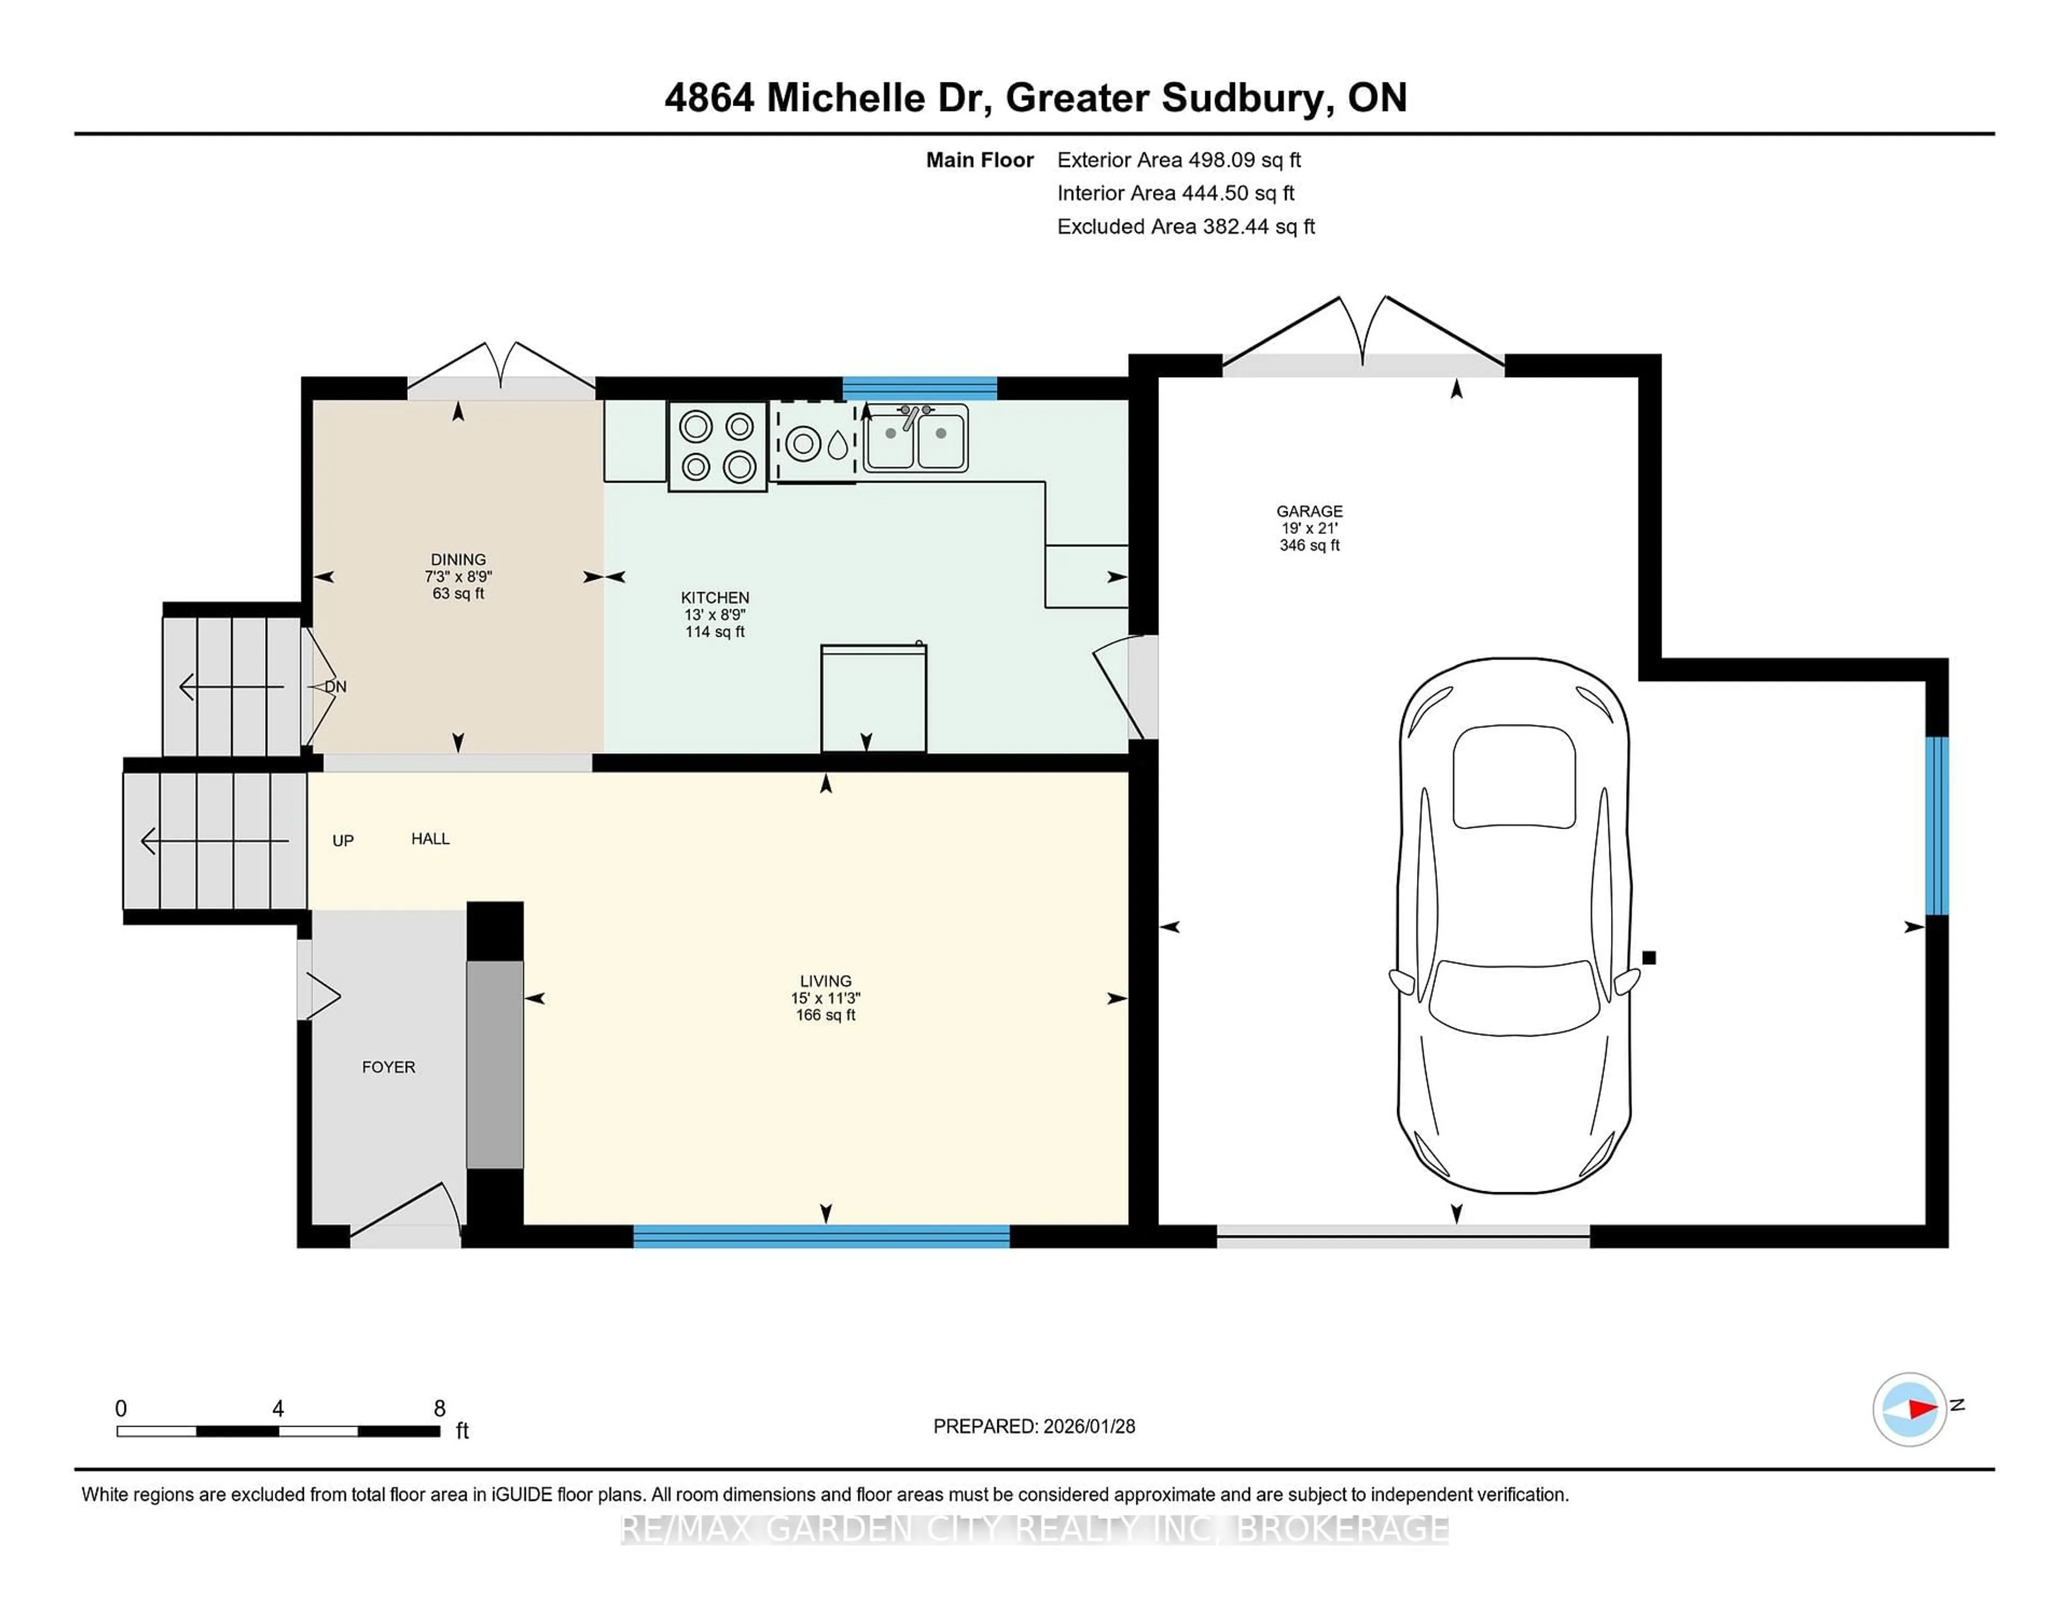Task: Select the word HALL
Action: point(430,838)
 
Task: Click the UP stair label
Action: point(343,840)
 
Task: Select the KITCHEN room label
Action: point(714,597)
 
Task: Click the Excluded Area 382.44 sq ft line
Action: point(1185,226)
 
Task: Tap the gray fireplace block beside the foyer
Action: point(495,1064)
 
